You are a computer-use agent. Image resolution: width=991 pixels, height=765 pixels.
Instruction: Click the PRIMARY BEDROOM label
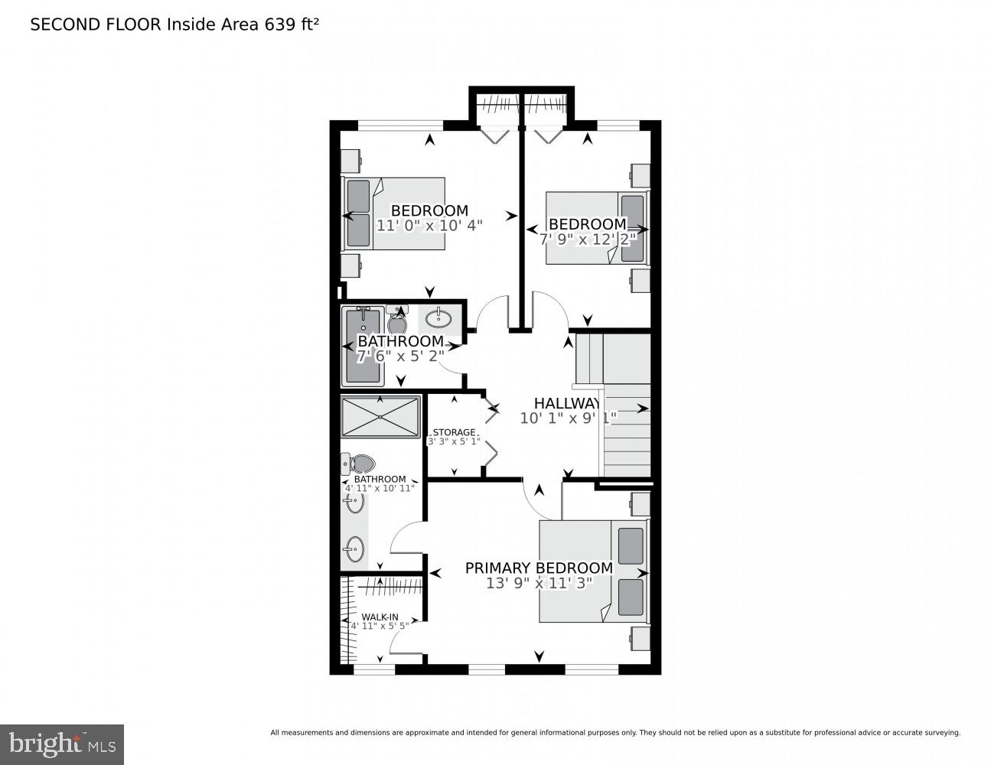[x=539, y=568]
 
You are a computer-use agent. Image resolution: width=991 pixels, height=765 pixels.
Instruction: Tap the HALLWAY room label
[x=566, y=403]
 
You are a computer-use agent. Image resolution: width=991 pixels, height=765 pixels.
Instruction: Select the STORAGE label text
[x=454, y=432]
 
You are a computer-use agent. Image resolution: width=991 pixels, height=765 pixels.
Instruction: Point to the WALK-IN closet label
[x=380, y=617]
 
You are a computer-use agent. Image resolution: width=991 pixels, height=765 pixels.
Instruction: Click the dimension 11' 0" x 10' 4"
[x=429, y=226]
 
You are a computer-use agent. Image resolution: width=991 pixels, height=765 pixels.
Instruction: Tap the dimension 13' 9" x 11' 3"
[x=539, y=583]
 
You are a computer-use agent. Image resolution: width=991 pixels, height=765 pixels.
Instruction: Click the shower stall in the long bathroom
[x=380, y=416]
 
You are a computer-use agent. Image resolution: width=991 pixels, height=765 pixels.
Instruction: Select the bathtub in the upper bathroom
[x=363, y=346]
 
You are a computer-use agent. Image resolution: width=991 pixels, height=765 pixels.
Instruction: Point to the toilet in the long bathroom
[x=358, y=464]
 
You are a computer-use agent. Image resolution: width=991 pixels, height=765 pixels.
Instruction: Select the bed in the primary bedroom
[x=593, y=571]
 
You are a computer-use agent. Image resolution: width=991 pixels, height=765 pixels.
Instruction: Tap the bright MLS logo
[x=61, y=744]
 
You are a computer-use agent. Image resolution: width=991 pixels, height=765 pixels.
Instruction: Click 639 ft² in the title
[x=291, y=24]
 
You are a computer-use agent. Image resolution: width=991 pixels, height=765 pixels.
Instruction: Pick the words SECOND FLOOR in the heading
[x=95, y=24]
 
